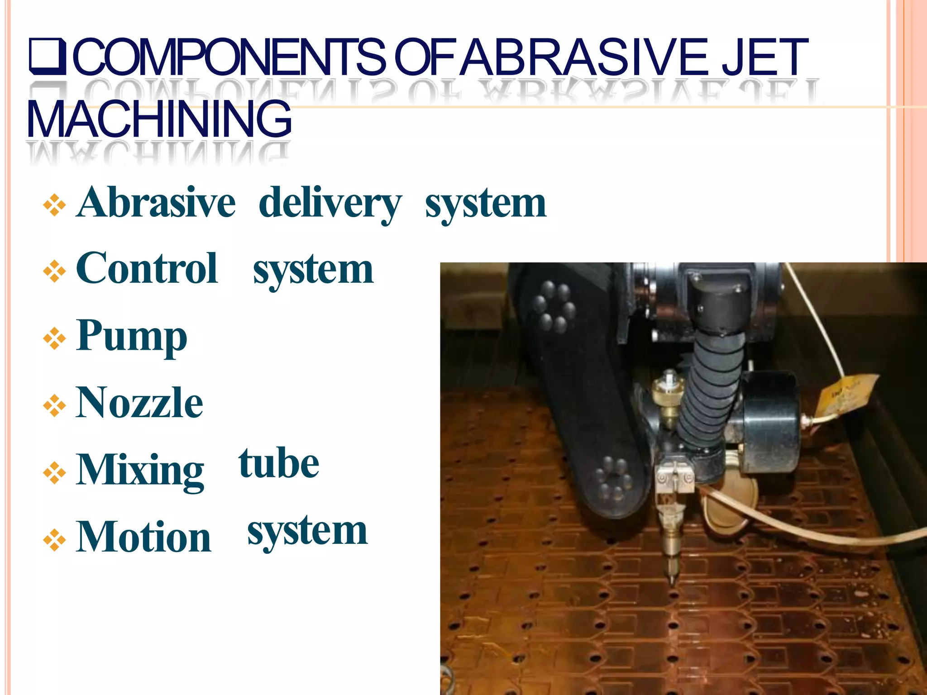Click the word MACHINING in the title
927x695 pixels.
pos(159,119)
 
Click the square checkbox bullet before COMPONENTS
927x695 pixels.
pos(48,57)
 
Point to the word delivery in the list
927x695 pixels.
pos(330,203)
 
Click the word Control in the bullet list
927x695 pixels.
pos(147,268)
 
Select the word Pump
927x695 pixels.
pos(132,336)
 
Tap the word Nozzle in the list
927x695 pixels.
pos(139,402)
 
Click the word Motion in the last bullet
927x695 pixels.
pos(143,537)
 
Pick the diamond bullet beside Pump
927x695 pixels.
pos(54,338)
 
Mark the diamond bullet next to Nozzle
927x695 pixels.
pos(54,405)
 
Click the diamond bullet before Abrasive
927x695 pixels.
pos(54,205)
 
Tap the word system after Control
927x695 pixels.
pos(313,270)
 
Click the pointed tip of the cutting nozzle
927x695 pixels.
pos(672,581)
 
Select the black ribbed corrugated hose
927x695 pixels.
pos(711,389)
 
